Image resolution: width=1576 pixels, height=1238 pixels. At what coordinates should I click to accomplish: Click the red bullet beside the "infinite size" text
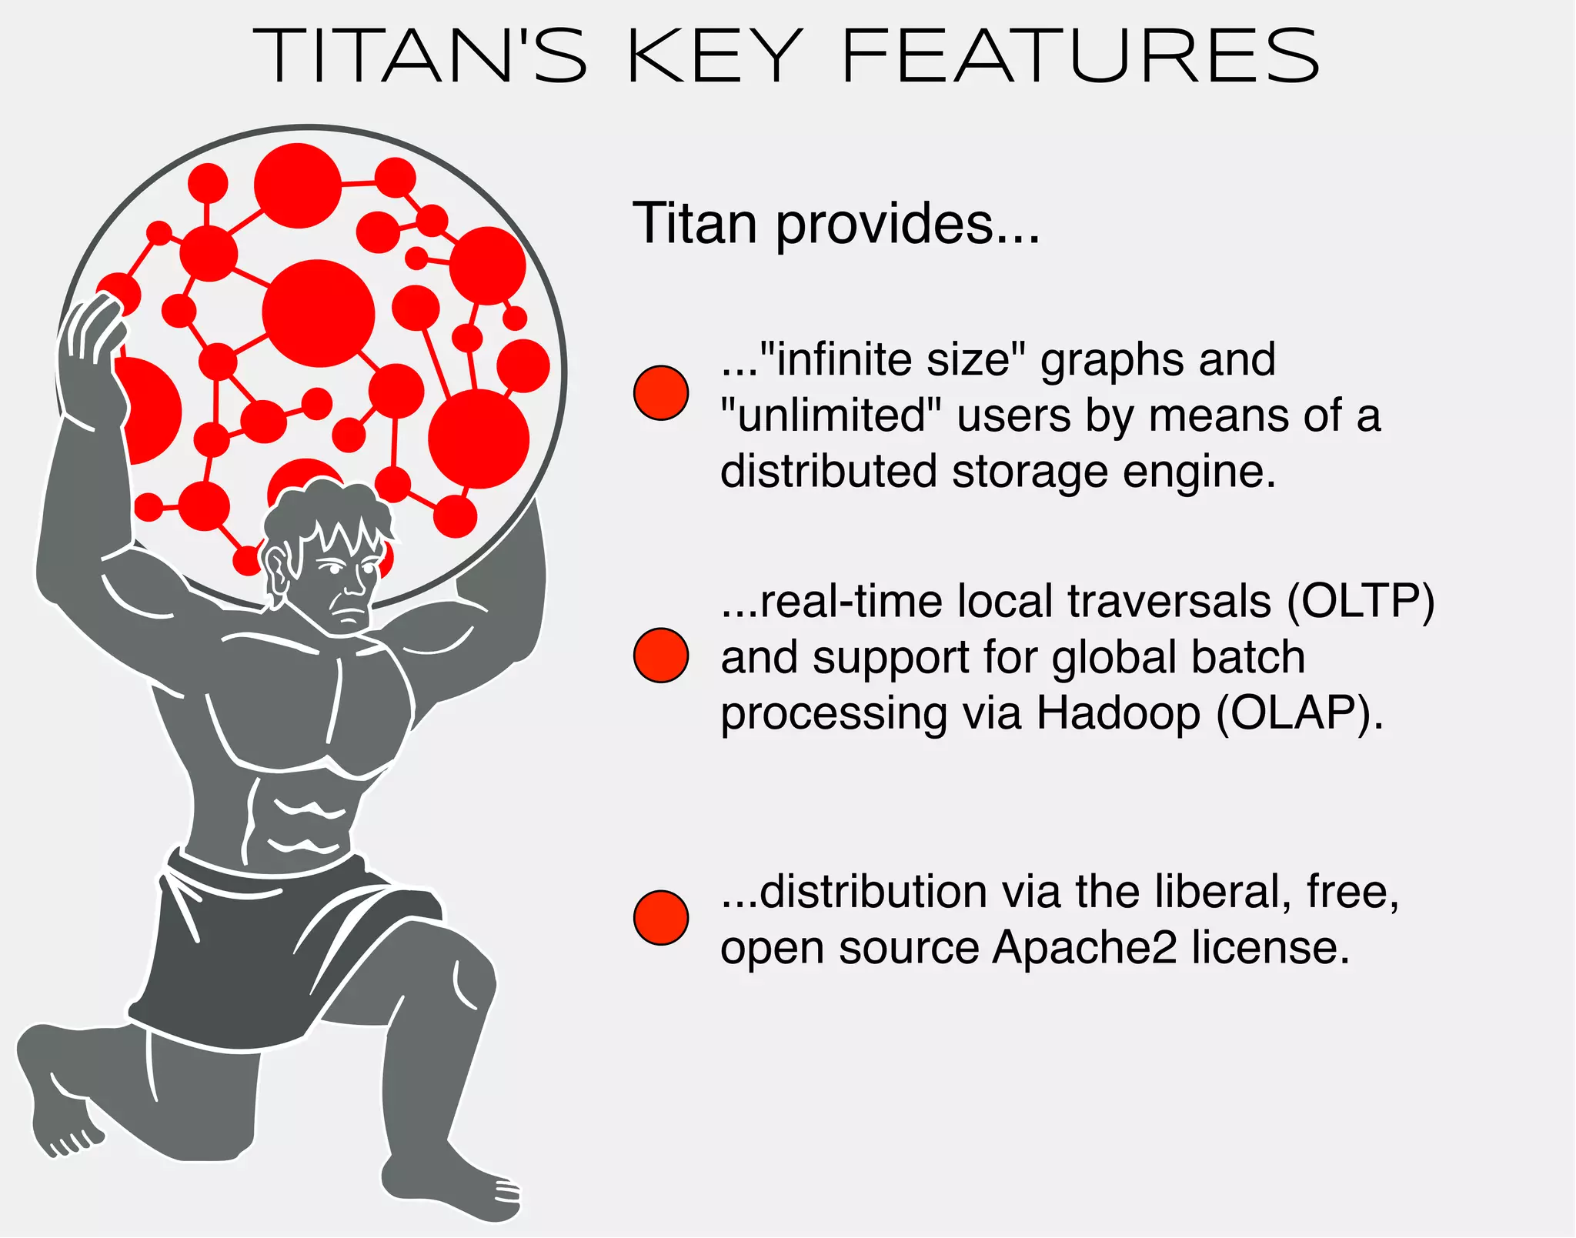(660, 392)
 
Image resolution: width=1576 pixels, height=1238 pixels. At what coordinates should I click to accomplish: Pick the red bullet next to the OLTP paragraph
(660, 656)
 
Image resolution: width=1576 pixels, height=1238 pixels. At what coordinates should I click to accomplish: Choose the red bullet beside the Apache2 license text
(660, 918)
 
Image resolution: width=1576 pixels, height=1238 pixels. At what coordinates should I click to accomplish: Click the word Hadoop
(1117, 712)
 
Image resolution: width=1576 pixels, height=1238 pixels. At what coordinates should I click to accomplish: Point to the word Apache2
(1083, 946)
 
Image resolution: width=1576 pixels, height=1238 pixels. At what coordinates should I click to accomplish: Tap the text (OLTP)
(1361, 601)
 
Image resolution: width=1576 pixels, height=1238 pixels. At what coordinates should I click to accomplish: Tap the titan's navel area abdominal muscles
(304, 823)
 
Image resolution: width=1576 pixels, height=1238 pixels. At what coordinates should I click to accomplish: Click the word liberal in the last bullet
(1220, 891)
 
